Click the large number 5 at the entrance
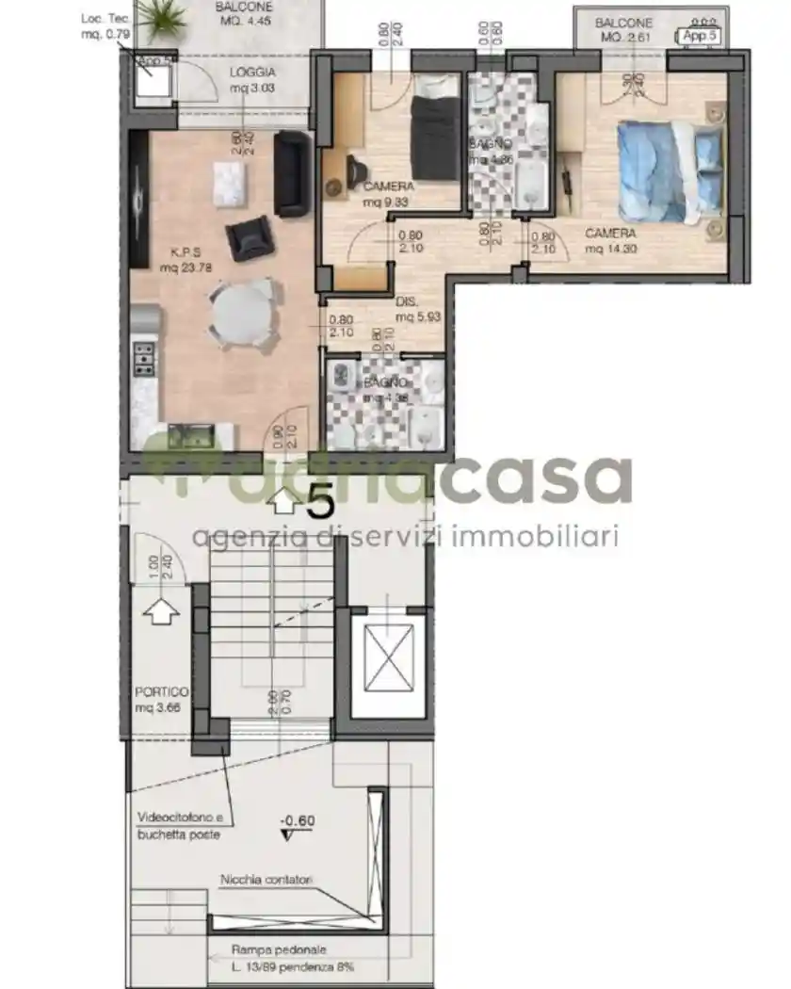click(320, 501)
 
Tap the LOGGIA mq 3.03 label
click(252, 80)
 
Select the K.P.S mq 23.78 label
click(184, 260)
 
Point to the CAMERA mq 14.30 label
click(610, 241)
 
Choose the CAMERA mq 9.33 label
click(388, 193)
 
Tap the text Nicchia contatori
click(266, 880)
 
